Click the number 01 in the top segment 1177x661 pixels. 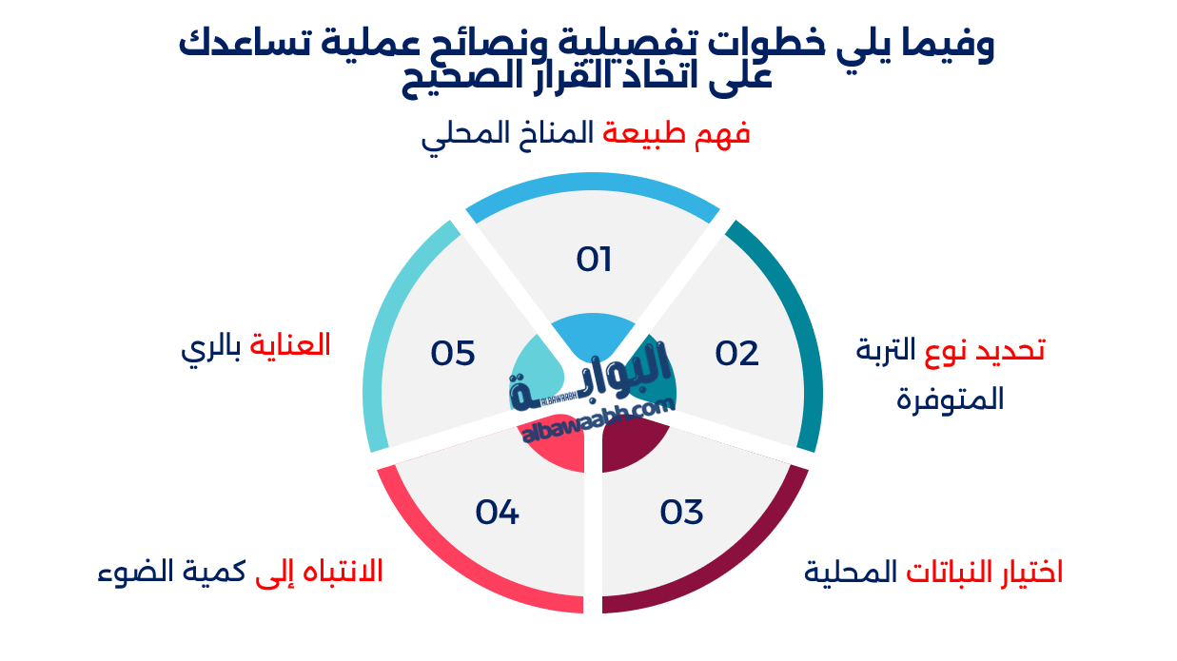594,260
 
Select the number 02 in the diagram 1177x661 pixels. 736,353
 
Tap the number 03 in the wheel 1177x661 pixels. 681,512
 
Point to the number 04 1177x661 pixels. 497,512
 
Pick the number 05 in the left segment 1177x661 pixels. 452,353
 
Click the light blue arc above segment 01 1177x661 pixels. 593,181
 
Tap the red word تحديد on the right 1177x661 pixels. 1010,350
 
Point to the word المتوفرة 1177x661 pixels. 950,399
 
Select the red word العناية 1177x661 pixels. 289,345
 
